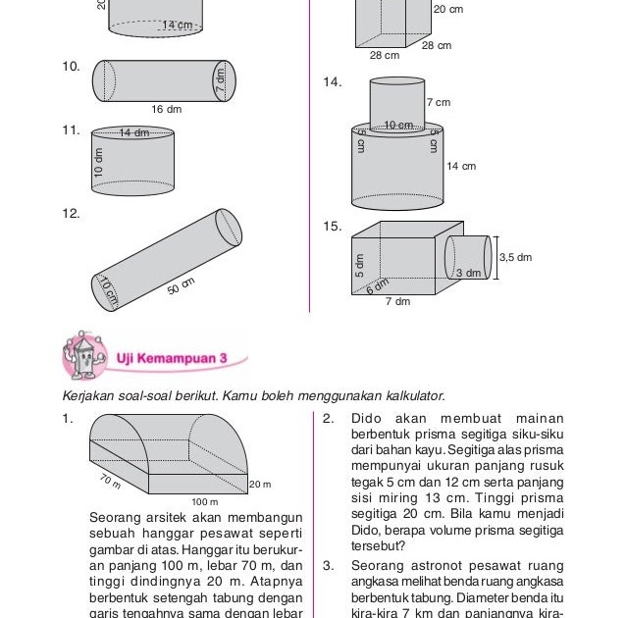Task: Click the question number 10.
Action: pyautogui.click(x=70, y=67)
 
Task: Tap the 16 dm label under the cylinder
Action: pyautogui.click(x=167, y=110)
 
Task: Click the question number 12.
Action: pyautogui.click(x=70, y=213)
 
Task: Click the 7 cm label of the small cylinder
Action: pyautogui.click(x=439, y=102)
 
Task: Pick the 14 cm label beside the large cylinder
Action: pyautogui.click(x=460, y=167)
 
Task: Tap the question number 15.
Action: pyautogui.click(x=332, y=227)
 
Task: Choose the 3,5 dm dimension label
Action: pyautogui.click(x=515, y=257)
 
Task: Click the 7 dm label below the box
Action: pyautogui.click(x=397, y=302)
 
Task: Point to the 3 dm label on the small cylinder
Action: pyautogui.click(x=468, y=273)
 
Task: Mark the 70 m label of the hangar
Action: pyautogui.click(x=109, y=480)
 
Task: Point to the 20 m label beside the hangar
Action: pyautogui.click(x=260, y=485)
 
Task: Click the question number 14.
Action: pyautogui.click(x=332, y=82)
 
